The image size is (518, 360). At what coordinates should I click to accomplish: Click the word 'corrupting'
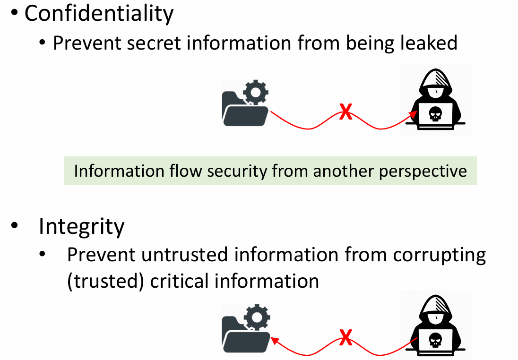(439, 255)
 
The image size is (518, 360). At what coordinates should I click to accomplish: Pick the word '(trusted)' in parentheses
(105, 281)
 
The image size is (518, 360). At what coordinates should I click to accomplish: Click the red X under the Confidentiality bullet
(346, 113)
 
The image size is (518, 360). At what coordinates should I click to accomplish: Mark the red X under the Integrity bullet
(346, 338)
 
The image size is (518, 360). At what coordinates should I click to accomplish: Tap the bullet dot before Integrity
(15, 227)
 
